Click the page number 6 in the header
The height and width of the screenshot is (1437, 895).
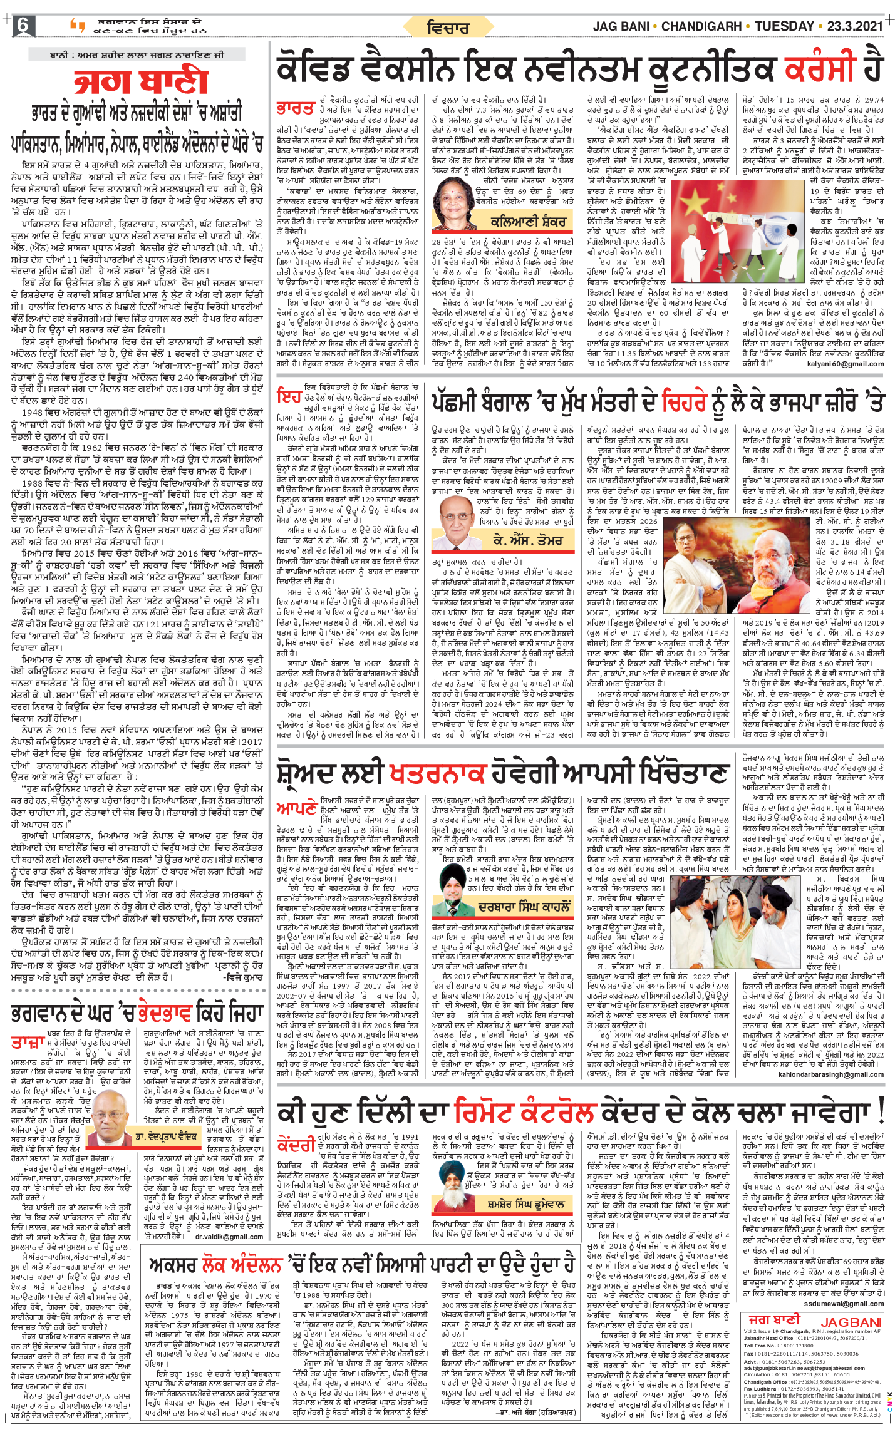(x=23, y=26)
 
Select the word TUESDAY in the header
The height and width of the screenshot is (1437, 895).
(x=784, y=26)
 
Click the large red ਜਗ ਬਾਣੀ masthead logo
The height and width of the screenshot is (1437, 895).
(x=141, y=82)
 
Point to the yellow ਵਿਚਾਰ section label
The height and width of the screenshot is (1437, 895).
(x=448, y=28)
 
